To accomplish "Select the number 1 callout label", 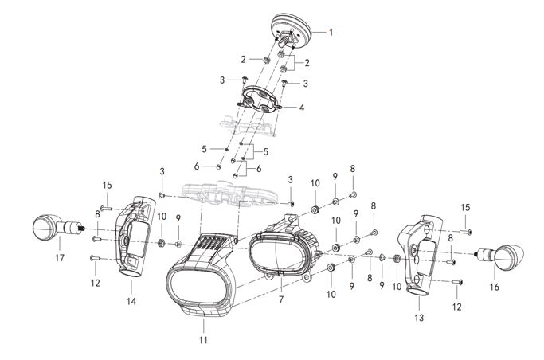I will [331, 33].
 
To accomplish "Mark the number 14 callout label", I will [131, 302].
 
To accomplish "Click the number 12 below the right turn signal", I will [457, 307].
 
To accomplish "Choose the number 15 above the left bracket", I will [106, 186].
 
